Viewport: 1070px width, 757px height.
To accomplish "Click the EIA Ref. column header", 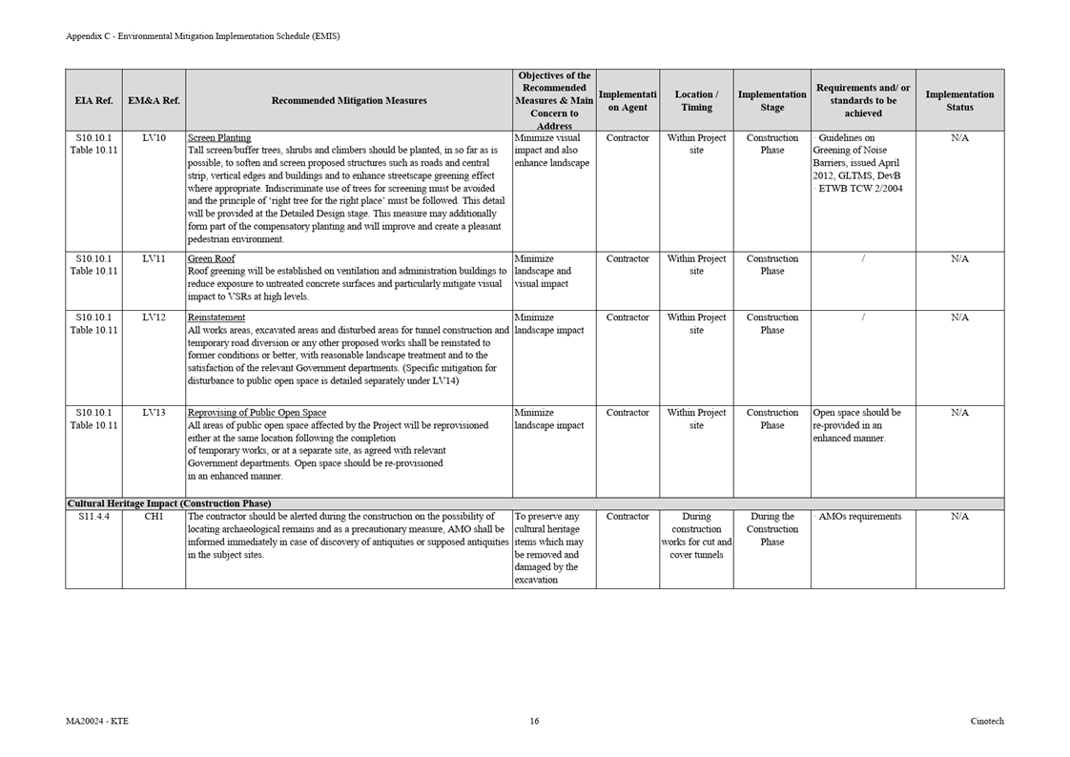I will point(93,100).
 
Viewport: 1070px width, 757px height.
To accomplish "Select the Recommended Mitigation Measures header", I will point(349,100).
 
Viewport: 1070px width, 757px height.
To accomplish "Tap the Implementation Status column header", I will point(959,100).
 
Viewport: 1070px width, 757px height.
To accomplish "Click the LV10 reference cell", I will point(154,138).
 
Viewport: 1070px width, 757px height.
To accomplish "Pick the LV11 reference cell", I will point(154,258).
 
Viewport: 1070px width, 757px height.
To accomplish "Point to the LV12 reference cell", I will point(154,317).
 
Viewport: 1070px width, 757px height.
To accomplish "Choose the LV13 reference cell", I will point(154,413).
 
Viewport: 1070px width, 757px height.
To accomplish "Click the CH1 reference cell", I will point(154,517).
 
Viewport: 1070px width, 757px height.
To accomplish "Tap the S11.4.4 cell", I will point(93,517).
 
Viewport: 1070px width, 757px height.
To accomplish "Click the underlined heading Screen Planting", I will point(219,138).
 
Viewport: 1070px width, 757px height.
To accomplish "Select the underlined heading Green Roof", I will point(212,258).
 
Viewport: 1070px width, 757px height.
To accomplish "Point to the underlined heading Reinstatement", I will point(216,317).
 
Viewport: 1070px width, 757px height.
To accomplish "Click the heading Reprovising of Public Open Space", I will point(257,413).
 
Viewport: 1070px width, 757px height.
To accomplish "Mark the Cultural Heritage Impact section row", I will point(169,503).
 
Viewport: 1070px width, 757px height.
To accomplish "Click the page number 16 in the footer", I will point(534,721).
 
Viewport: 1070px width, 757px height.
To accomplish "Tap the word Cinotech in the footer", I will point(987,721).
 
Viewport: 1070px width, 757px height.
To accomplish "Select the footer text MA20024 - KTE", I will point(97,721).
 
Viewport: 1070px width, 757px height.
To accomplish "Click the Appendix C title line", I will point(202,36).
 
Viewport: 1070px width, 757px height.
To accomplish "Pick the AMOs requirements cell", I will point(859,517).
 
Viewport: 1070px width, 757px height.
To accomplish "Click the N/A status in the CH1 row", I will point(959,517).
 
